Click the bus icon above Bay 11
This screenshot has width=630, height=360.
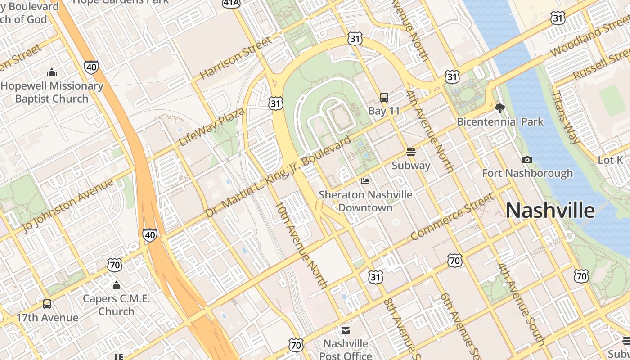(x=384, y=97)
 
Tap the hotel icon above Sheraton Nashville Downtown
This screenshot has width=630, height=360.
(x=365, y=181)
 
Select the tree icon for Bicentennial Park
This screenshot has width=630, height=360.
(x=499, y=108)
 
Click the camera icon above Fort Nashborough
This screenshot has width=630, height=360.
(x=527, y=160)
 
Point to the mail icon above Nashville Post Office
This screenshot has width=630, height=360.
(x=346, y=331)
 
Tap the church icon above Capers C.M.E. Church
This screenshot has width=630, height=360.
(x=117, y=285)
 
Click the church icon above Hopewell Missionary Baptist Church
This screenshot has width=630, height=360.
(x=52, y=72)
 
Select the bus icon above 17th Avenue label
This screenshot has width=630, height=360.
(x=47, y=304)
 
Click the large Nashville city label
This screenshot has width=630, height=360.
(x=550, y=211)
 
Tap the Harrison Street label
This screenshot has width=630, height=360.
(x=235, y=58)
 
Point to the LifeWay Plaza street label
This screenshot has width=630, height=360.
(x=211, y=127)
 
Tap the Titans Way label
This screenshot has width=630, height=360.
(x=566, y=117)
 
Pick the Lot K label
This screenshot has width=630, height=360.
(x=611, y=160)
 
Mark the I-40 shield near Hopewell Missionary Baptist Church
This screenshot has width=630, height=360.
(x=91, y=67)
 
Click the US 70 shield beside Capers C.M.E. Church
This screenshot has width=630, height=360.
(x=115, y=265)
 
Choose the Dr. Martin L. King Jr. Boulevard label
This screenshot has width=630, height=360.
(x=278, y=178)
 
